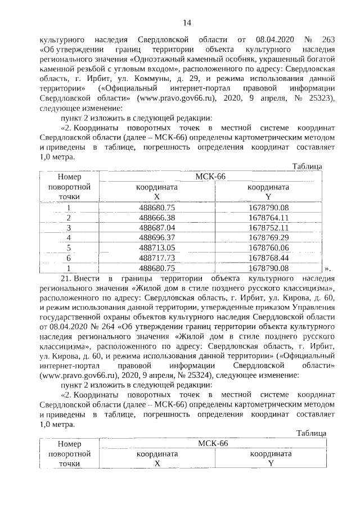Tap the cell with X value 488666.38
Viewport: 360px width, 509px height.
click(157, 218)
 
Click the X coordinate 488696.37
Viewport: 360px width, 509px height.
click(157, 238)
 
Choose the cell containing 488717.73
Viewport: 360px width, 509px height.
click(157, 258)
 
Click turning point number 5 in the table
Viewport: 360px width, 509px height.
click(69, 248)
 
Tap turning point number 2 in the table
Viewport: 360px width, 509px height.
click(69, 218)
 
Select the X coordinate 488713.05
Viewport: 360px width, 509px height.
click(157, 248)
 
